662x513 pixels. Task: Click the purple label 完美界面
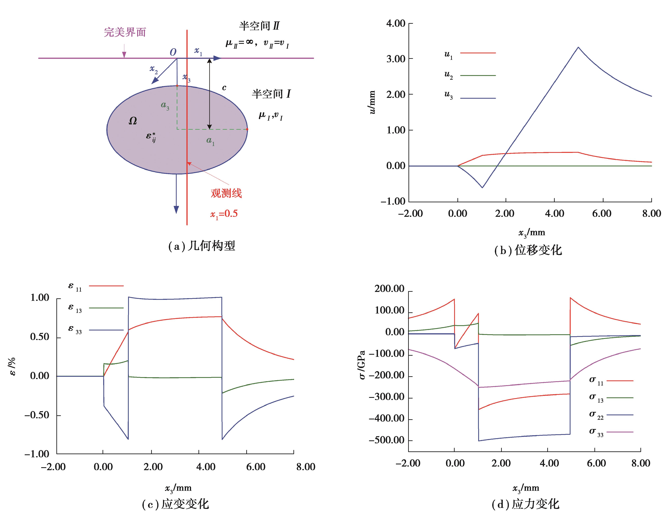point(125,32)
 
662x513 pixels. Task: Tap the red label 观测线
point(226,193)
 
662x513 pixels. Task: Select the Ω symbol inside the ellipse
point(133,121)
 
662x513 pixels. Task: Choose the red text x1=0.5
point(224,214)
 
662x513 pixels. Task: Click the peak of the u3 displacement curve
point(578,47)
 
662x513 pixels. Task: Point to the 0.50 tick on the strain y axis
point(39,337)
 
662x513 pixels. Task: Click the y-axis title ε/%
point(13,367)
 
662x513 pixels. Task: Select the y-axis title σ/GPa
point(362,365)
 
